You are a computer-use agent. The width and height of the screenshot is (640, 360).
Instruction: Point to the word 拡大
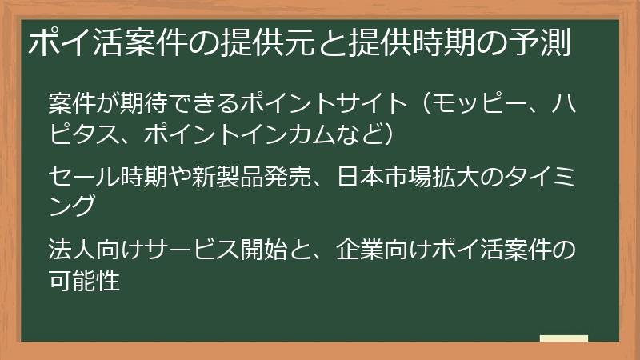(x=444, y=174)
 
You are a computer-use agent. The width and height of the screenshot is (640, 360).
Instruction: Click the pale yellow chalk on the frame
(x=563, y=338)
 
